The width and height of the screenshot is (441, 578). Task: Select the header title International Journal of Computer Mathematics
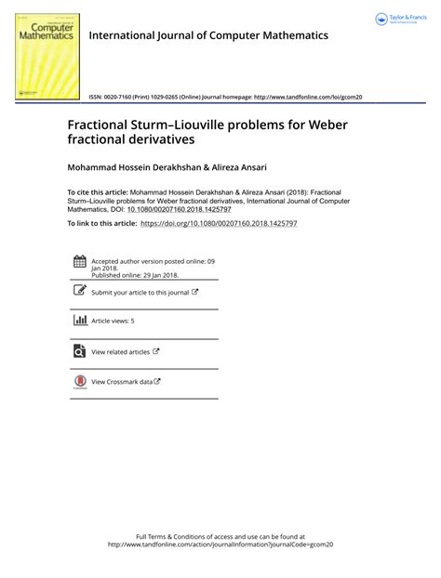208,35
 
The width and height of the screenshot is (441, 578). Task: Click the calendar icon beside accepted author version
79,262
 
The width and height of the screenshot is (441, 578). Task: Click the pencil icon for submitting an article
79,292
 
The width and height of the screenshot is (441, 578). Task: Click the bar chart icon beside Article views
79,321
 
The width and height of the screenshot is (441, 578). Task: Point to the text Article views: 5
113,321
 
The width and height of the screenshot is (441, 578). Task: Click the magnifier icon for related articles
79,351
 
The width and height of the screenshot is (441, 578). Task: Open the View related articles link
125,351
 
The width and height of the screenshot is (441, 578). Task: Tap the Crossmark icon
79,381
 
